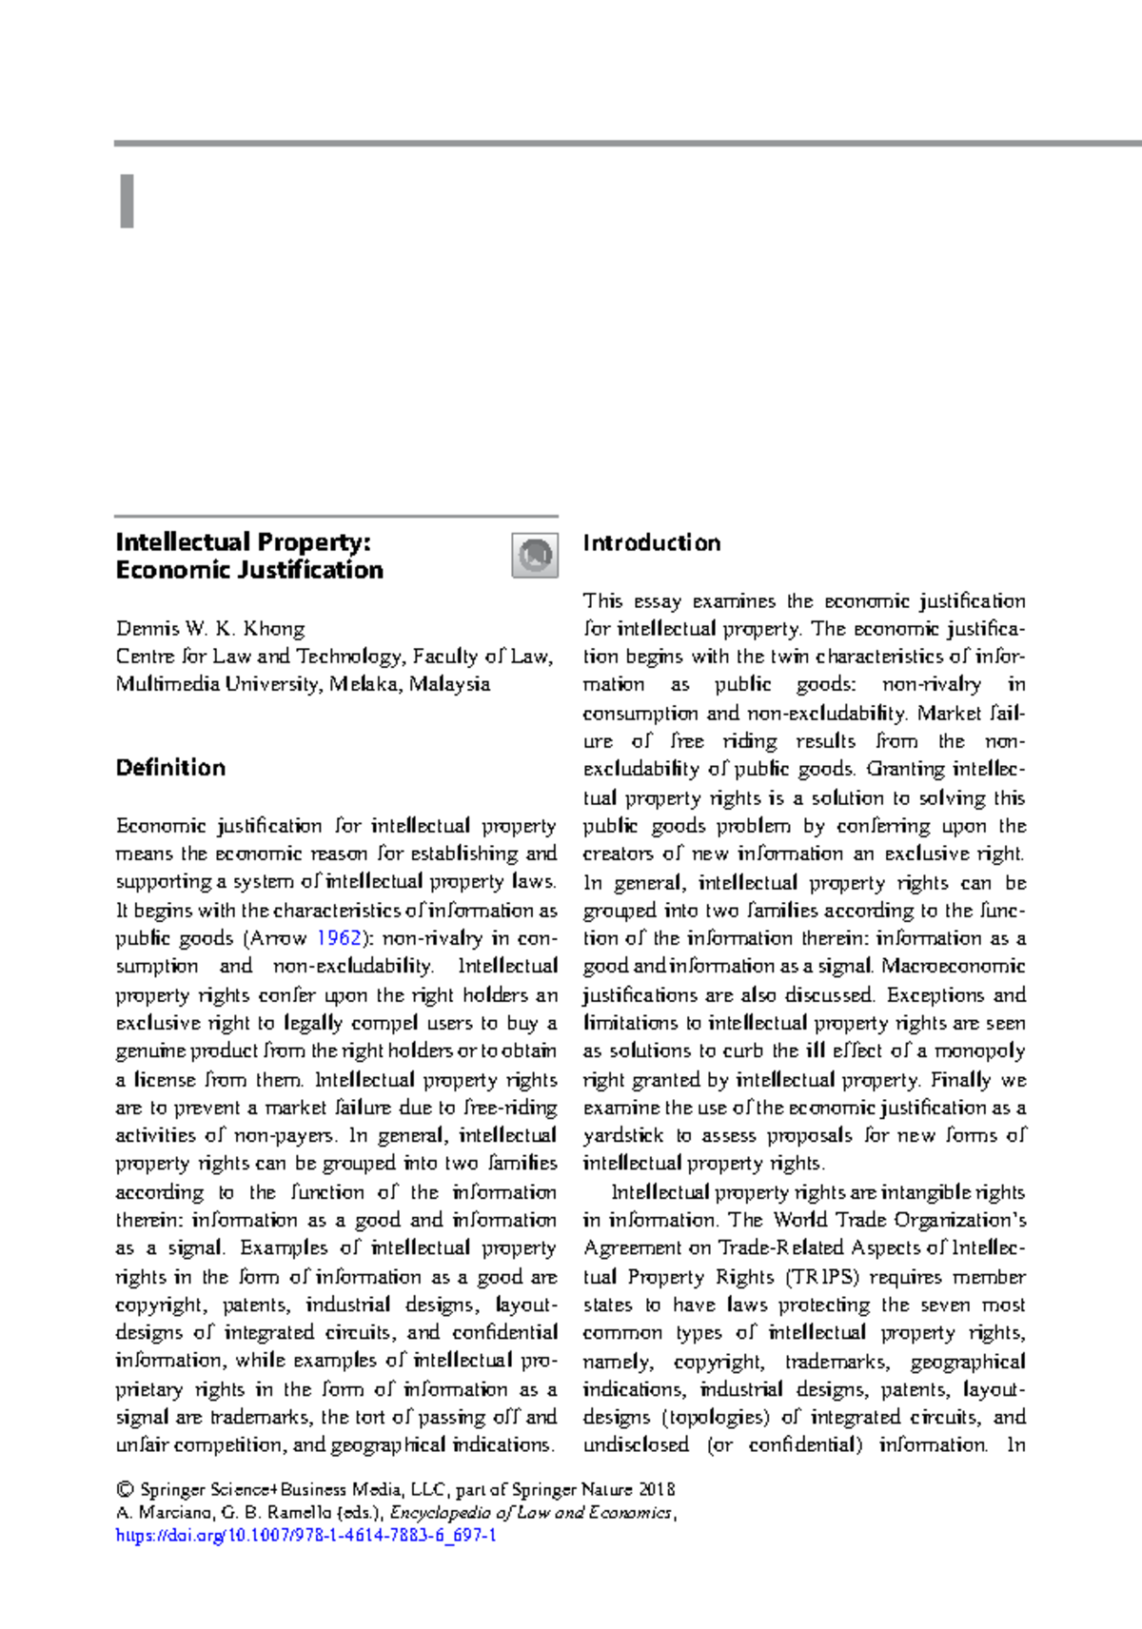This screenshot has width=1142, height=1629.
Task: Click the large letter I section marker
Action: click(127, 202)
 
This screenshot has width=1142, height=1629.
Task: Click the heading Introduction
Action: click(652, 543)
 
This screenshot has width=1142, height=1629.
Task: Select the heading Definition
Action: click(170, 768)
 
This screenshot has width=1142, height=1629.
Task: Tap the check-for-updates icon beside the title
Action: click(535, 555)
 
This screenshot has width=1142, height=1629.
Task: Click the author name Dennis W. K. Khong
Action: click(210, 629)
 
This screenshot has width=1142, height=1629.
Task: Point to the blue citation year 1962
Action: click(339, 938)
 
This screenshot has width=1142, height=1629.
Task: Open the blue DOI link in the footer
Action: click(305, 1536)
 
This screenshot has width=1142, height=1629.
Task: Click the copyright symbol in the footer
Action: click(124, 1490)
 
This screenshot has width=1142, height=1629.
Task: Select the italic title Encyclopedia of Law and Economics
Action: click(531, 1513)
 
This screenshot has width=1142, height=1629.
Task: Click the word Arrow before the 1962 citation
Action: click(279, 938)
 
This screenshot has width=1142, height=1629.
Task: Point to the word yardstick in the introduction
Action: click(623, 1135)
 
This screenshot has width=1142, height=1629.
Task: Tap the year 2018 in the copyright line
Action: click(657, 1490)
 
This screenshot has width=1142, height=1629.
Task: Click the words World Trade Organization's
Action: click(899, 1220)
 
